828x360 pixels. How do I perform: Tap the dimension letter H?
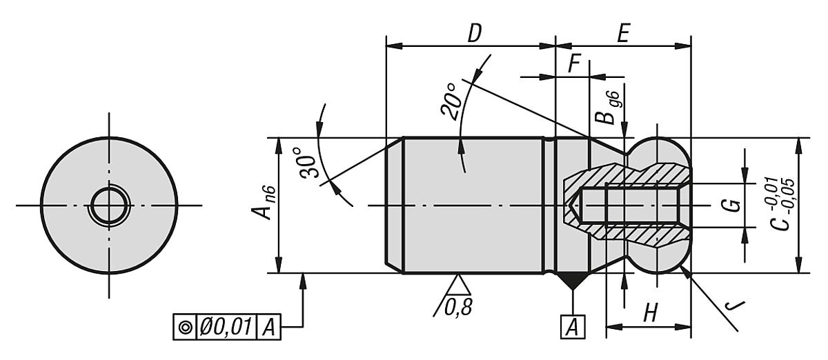649,314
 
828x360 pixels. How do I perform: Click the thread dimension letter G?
734,205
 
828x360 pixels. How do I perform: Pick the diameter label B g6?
606,108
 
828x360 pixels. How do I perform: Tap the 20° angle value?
452,101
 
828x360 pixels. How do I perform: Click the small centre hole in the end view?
109,205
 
